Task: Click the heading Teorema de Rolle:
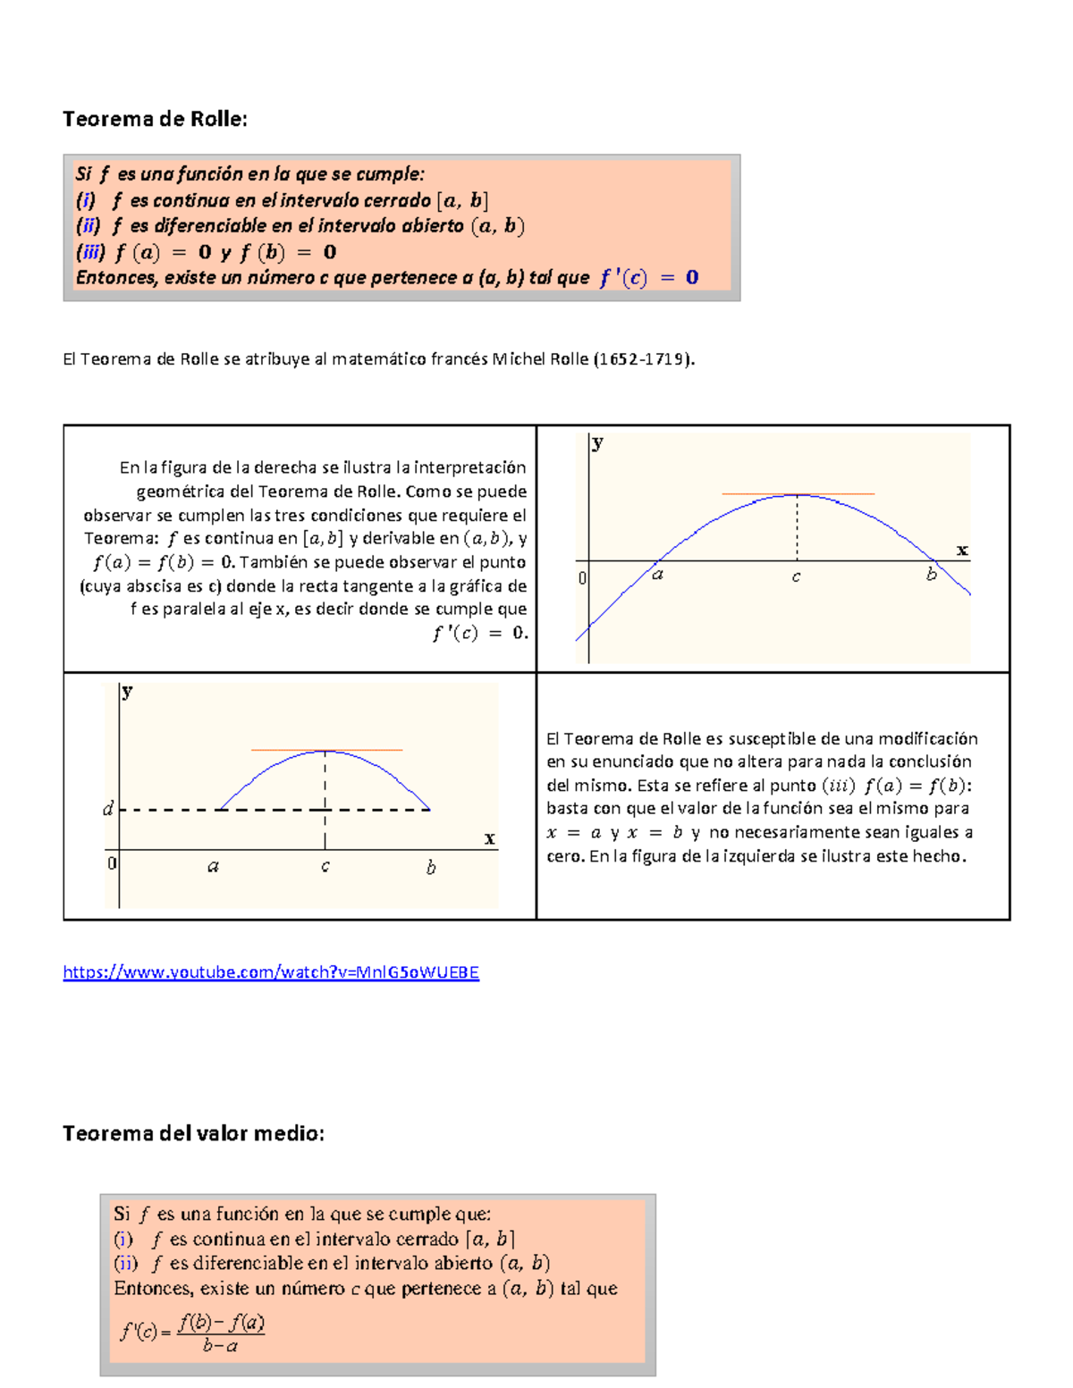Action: pos(155,119)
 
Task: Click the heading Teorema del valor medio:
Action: pos(193,1133)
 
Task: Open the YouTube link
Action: pos(271,972)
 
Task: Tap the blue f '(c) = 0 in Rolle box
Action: pos(649,278)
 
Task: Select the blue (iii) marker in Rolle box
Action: pos(90,252)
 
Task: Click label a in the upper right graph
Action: pos(657,575)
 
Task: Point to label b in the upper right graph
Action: pos(931,575)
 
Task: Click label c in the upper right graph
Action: pos(796,577)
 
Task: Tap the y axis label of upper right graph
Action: pos(597,442)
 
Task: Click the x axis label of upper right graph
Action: pos(962,550)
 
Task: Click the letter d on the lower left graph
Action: pos(108,809)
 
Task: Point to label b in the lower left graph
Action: pos(431,867)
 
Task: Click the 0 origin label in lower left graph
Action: pos(112,863)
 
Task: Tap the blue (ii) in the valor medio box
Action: pos(126,1264)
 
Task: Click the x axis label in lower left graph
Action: pos(489,838)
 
